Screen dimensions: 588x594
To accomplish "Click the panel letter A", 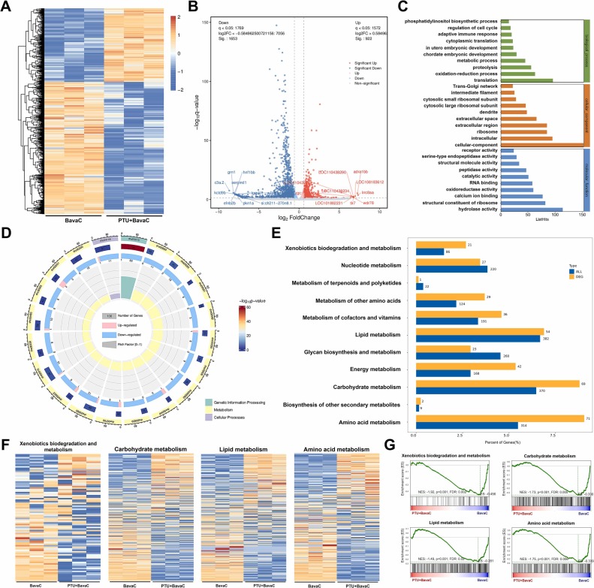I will click(6, 7).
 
